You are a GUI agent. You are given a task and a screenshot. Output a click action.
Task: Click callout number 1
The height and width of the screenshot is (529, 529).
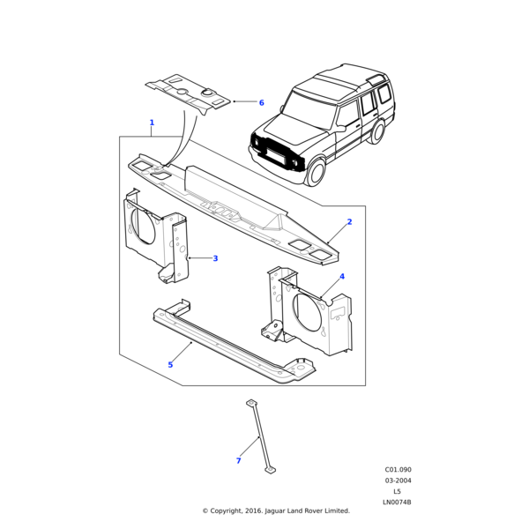click(152, 123)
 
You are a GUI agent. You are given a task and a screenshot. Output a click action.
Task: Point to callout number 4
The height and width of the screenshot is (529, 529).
click(342, 277)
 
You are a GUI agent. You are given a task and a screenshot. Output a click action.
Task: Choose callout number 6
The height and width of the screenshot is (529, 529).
click(261, 102)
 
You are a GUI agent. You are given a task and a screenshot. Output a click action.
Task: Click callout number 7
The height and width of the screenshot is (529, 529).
click(238, 461)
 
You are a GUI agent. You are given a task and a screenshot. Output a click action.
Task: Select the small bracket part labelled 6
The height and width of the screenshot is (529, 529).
click(188, 93)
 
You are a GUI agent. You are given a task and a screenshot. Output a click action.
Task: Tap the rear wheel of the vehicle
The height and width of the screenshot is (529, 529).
click(379, 135)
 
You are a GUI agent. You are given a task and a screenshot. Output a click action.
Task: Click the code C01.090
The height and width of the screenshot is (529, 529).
click(398, 470)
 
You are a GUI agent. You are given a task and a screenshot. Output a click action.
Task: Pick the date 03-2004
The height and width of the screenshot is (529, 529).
click(398, 481)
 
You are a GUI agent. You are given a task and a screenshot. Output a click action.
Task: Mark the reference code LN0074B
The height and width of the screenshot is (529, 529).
click(397, 503)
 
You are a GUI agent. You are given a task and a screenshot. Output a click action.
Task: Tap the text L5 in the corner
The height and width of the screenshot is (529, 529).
click(398, 491)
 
